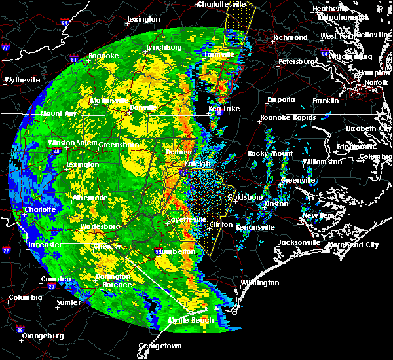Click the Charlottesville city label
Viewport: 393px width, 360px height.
coord(225,4)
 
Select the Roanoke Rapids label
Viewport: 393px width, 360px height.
coord(287,118)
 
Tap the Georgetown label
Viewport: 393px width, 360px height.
coord(160,345)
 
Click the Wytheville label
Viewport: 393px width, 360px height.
coord(22,80)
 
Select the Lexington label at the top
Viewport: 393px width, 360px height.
coord(143,20)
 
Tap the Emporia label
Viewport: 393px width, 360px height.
coord(280,100)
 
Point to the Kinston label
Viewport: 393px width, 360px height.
coord(275,204)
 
